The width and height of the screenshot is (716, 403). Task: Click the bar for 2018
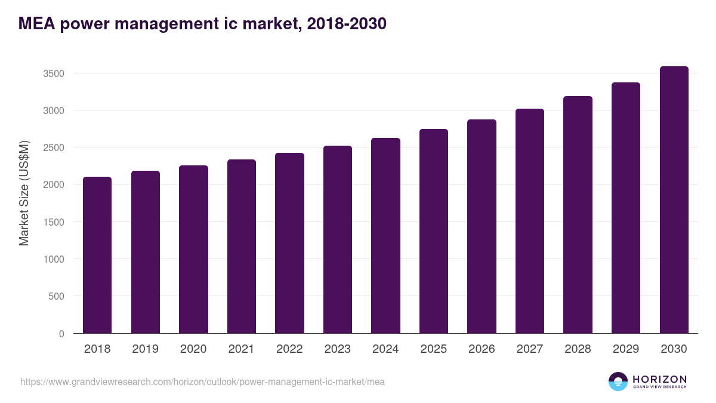(x=97, y=255)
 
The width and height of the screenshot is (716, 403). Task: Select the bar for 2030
(x=674, y=200)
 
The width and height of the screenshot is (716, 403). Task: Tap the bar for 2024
(x=385, y=236)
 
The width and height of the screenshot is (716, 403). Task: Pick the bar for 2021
(x=242, y=247)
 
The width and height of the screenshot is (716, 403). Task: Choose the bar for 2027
(x=530, y=221)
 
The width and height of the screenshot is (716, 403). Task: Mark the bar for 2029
(x=626, y=208)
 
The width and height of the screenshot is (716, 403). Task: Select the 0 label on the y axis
(x=61, y=334)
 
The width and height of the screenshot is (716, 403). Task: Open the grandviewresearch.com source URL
(x=202, y=382)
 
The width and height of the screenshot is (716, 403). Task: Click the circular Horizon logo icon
(x=618, y=382)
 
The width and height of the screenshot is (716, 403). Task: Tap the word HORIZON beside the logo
(x=659, y=379)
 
